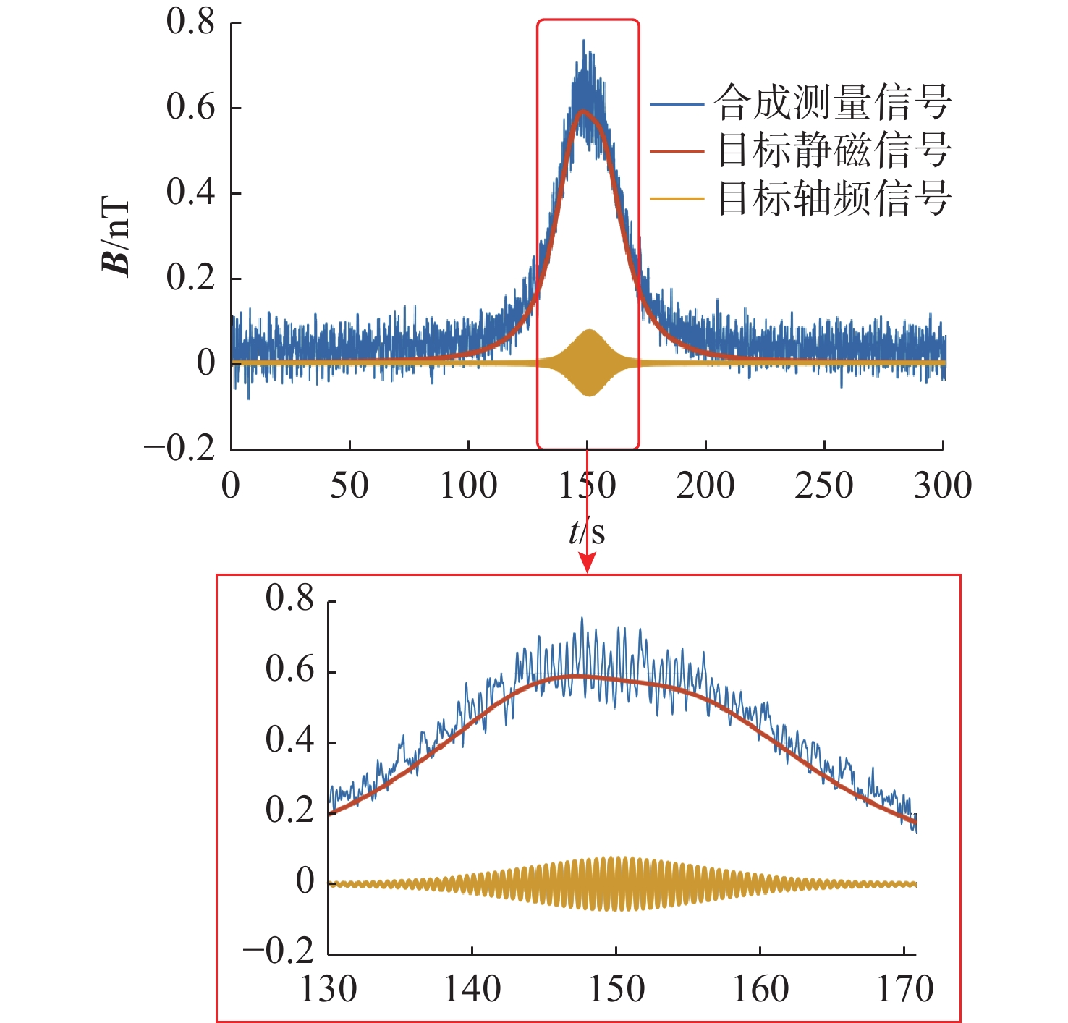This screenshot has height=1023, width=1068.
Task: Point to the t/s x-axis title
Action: (x=587, y=532)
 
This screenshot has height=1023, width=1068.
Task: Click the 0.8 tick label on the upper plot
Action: (x=190, y=22)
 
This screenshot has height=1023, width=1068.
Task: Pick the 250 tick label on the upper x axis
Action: (x=823, y=485)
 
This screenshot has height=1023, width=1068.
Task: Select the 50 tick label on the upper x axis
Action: (x=349, y=485)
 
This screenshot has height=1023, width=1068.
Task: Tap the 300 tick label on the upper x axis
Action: (x=942, y=485)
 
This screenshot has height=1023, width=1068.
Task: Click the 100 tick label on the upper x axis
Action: (x=468, y=485)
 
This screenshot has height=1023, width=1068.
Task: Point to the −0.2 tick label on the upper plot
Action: (x=179, y=448)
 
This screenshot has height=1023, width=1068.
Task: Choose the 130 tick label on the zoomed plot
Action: (x=328, y=989)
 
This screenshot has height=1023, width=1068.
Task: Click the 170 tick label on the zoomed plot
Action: (x=905, y=989)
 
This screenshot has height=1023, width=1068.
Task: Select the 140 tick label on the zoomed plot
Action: (x=472, y=989)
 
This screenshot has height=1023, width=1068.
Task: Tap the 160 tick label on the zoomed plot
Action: (x=760, y=989)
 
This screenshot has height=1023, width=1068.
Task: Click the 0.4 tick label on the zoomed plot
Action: (x=289, y=740)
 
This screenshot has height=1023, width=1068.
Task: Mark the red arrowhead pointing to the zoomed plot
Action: (x=587, y=563)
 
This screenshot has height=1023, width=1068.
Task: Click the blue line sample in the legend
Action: (x=677, y=104)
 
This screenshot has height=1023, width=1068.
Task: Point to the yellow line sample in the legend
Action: (x=677, y=198)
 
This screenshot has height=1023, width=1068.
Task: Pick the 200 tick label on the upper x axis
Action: (x=705, y=485)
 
